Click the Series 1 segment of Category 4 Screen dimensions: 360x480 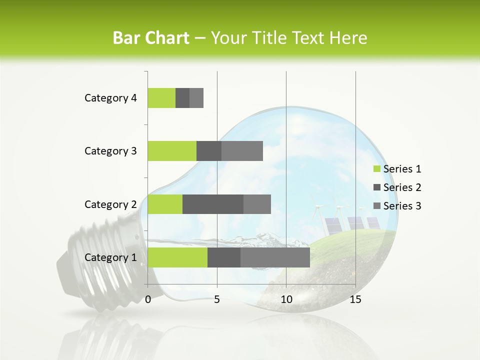(161, 98)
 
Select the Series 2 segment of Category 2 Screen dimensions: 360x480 (213, 204)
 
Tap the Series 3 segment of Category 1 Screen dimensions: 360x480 (275, 257)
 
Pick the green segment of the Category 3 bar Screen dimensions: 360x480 (172, 151)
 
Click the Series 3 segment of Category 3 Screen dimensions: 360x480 (242, 151)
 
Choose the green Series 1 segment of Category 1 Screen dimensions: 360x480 (177, 257)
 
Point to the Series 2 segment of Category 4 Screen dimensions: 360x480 (182, 98)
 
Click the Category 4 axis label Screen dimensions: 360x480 (110, 98)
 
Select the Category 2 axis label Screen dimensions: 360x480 (110, 204)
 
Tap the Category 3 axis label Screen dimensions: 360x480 (110, 151)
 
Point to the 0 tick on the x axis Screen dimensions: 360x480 (148, 299)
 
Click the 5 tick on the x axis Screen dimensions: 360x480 (217, 299)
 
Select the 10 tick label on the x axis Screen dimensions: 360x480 (286, 299)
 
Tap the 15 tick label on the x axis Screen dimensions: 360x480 (355, 299)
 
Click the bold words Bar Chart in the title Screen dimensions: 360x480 (151, 38)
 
